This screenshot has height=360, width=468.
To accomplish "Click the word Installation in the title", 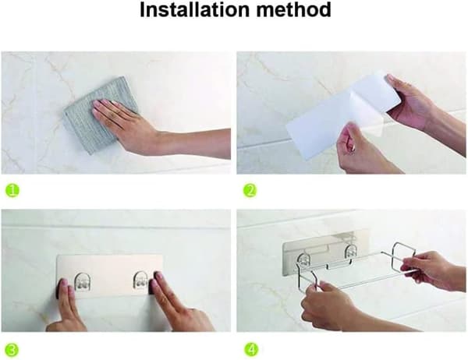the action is pos(194,9).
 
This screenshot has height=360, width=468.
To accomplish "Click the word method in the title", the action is pos(294,9).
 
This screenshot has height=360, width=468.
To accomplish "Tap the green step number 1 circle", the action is pos(12,190).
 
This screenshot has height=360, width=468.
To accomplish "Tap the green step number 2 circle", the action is pos(250,191).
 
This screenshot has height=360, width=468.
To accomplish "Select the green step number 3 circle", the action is pos(12,350).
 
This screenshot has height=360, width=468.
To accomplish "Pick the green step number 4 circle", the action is pos(251,350).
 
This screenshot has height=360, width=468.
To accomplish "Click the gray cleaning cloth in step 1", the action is pos(101,115).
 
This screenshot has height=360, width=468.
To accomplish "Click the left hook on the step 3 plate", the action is pos(83,281).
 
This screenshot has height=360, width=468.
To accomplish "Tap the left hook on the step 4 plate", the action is pos(303,260).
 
